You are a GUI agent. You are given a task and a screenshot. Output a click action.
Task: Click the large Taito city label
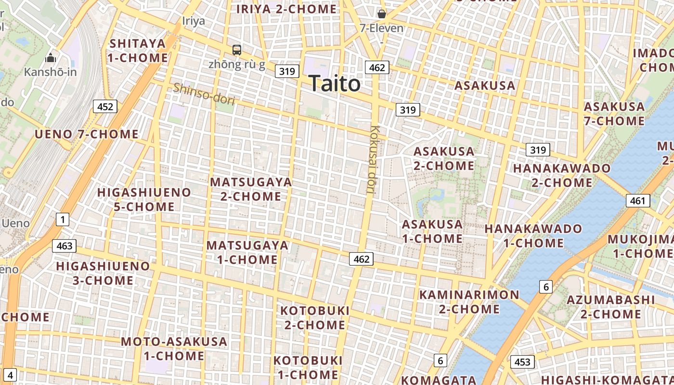334,84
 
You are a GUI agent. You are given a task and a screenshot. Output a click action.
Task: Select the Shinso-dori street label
204,94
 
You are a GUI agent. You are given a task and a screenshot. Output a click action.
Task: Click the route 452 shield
105,106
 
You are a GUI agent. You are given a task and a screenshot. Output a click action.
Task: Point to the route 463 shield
64,246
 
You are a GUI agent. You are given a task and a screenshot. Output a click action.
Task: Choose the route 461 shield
637,201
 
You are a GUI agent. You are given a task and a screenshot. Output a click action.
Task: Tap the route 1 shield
62,220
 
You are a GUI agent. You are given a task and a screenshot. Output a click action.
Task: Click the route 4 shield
11,375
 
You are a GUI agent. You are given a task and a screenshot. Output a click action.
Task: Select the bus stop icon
237,50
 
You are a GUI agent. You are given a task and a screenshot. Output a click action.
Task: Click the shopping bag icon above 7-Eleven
382,14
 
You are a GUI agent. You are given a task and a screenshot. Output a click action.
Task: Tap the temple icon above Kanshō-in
51,58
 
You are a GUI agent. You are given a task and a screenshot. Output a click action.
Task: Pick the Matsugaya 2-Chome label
251,189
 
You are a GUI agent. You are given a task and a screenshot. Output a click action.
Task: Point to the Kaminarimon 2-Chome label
469,302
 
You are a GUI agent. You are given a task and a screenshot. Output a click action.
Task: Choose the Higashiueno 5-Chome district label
144,199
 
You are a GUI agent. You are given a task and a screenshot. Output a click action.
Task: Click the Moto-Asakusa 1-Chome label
174,349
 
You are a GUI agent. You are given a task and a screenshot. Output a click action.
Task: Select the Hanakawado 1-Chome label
533,236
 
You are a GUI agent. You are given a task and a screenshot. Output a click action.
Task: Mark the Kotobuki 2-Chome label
315,318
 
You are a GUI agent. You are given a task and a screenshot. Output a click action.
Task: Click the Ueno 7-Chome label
87,134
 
